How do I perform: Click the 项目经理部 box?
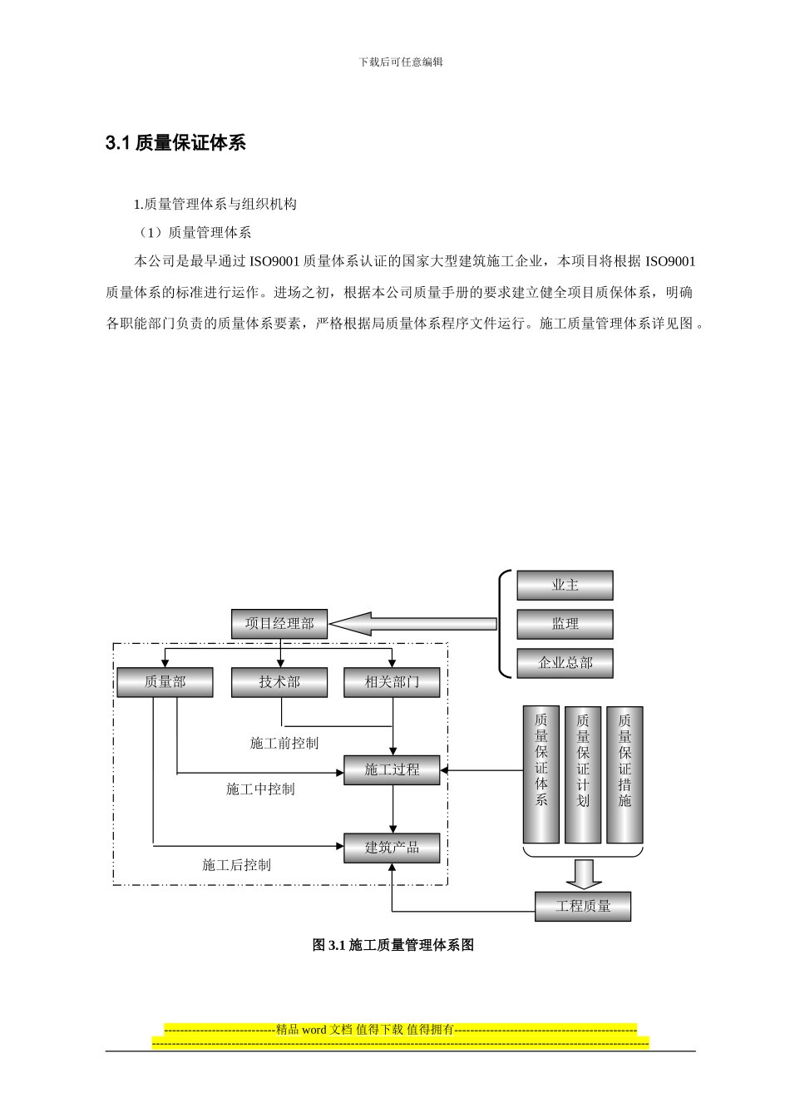(x=279, y=624)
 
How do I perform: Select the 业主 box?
(x=565, y=586)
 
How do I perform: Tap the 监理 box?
(x=565, y=624)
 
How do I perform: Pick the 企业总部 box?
(x=565, y=663)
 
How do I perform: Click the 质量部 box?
(x=165, y=682)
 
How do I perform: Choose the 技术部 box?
(x=279, y=682)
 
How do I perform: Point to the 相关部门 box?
(x=392, y=682)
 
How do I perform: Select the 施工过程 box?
(x=392, y=770)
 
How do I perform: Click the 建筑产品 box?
(x=392, y=848)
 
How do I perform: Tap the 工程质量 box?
(x=582, y=906)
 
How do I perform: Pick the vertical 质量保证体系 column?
(x=541, y=774)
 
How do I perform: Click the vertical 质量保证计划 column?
(x=583, y=774)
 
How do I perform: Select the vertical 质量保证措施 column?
(x=625, y=774)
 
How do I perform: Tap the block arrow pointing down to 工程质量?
(x=583, y=873)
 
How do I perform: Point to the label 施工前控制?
(x=284, y=743)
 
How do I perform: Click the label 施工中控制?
(x=259, y=789)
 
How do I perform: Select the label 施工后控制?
(x=236, y=865)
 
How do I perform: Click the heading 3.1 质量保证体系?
(x=175, y=143)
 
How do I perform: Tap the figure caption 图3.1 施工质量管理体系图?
(x=393, y=945)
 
